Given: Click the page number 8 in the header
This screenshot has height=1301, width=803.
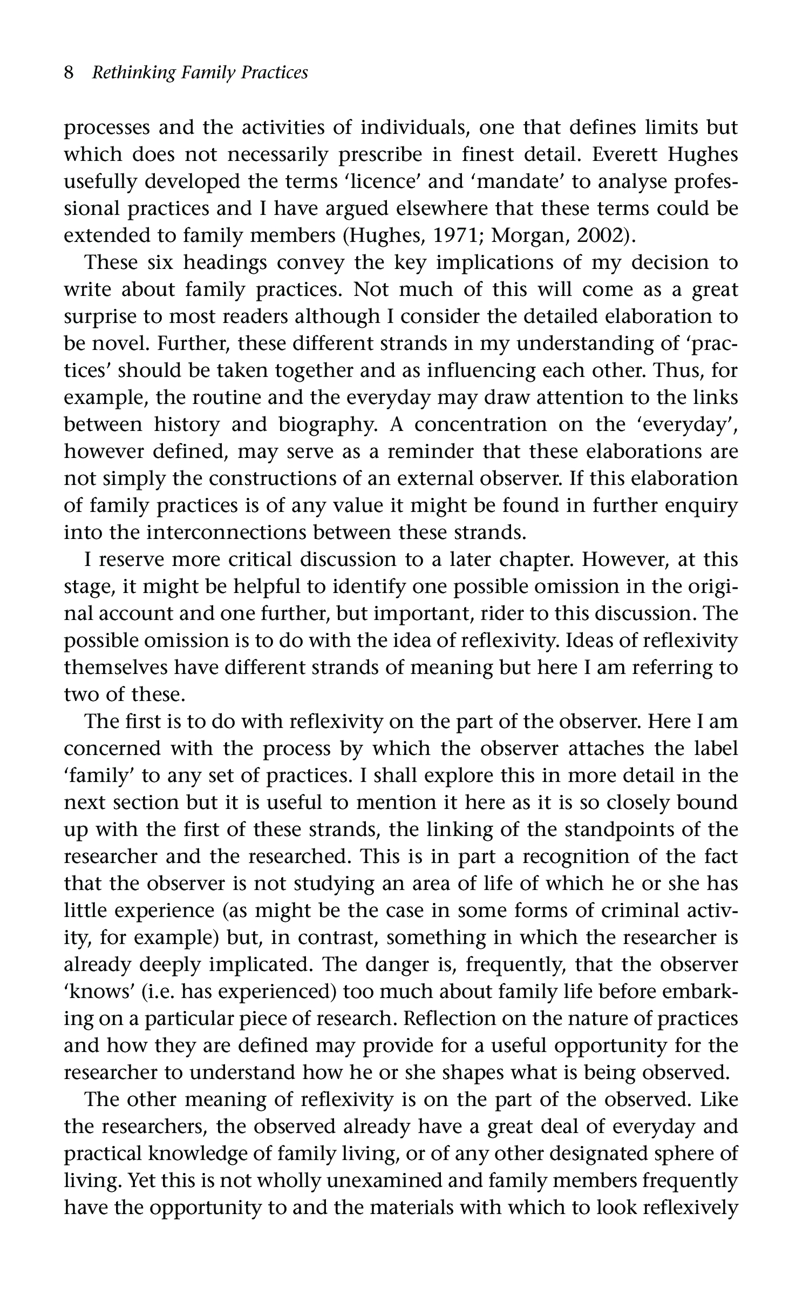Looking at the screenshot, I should pyautogui.click(x=69, y=72).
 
